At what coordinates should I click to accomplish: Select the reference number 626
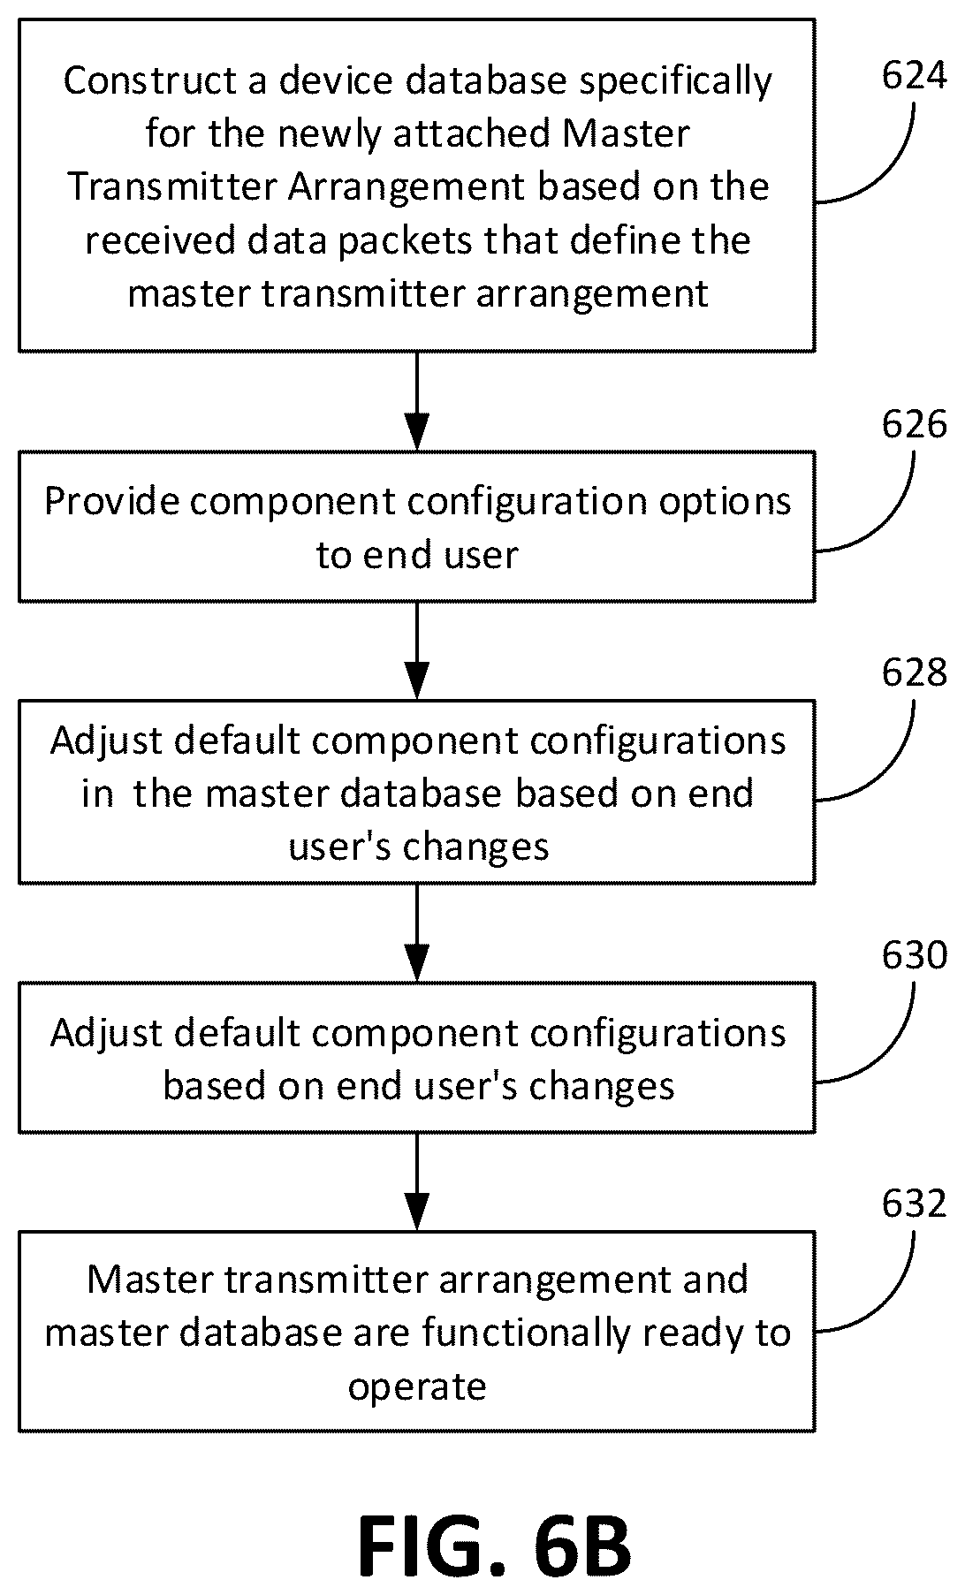(914, 425)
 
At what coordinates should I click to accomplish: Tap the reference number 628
(914, 672)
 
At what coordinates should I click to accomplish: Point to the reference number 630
(914, 955)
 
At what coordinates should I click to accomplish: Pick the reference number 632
(914, 1203)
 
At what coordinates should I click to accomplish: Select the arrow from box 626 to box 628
(416, 651)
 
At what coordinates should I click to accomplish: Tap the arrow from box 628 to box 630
(416, 933)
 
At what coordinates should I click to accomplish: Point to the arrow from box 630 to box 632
(416, 1181)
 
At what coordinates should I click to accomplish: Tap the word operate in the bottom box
(417, 1386)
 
